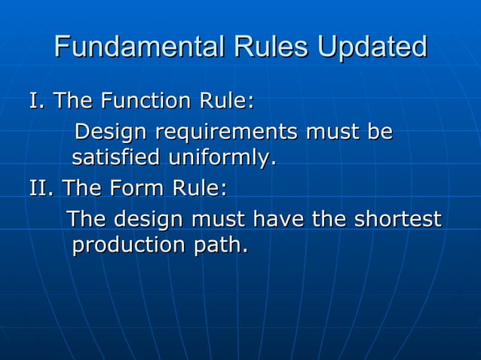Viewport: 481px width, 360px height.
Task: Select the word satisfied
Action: coord(116,159)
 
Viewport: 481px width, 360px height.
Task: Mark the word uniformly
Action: coord(222,159)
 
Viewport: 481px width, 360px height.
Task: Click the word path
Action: coord(219,246)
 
